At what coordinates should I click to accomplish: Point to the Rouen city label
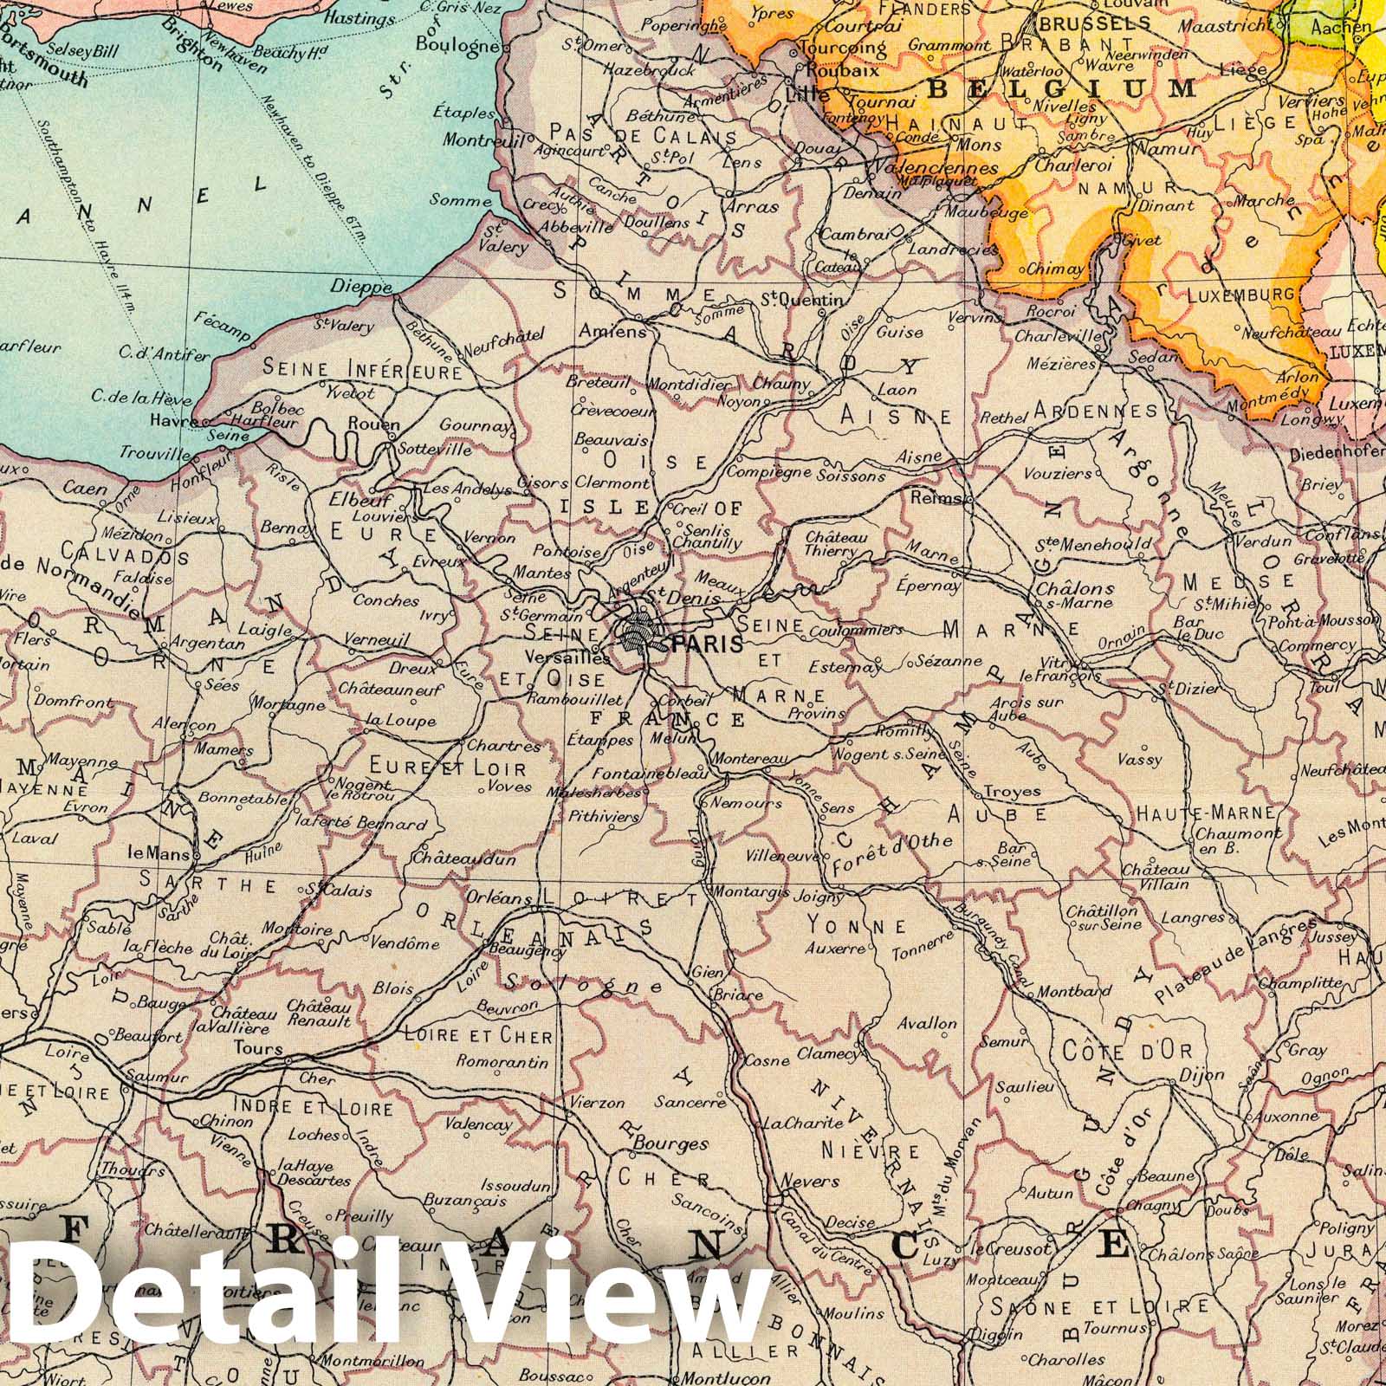(x=373, y=424)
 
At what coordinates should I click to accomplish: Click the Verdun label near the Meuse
(x=1266, y=541)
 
